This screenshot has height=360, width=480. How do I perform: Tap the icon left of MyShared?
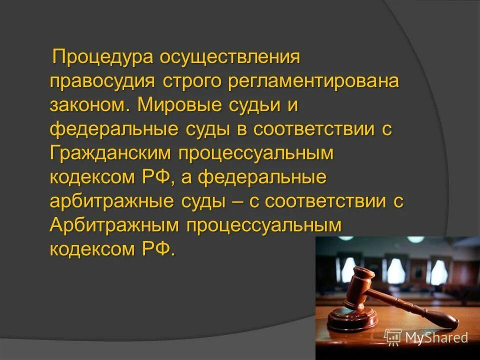(393, 337)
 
